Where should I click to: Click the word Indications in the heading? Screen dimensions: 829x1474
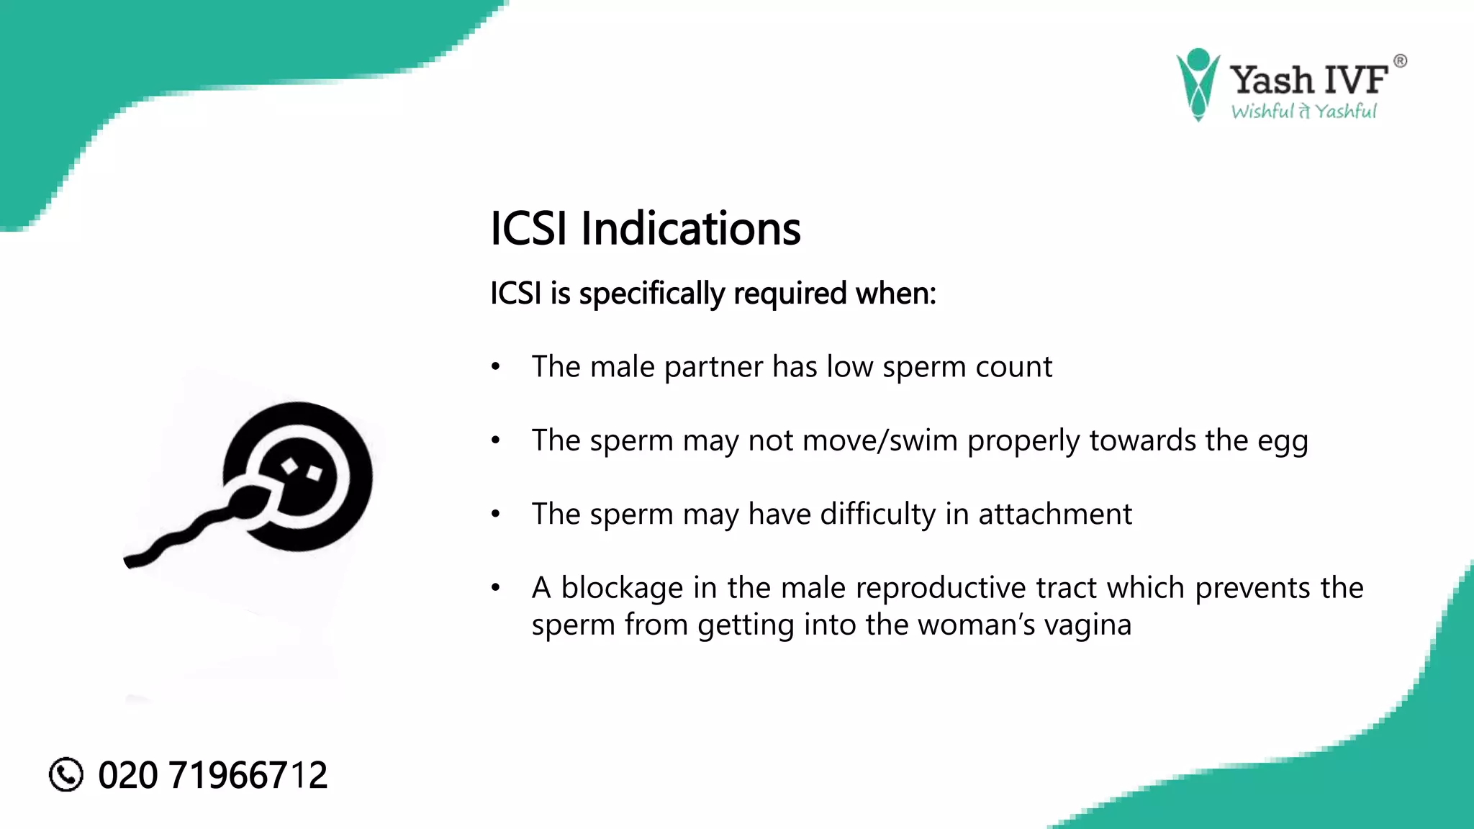coord(690,229)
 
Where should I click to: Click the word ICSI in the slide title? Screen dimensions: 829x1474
coord(528,229)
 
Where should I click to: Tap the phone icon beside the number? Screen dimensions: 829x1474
coord(66,774)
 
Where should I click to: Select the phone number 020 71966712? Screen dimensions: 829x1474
coord(212,775)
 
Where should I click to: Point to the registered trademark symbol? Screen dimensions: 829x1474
coord(1400,61)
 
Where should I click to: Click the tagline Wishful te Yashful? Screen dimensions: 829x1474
coord(1303,112)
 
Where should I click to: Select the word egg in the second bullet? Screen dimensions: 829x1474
coord(1283,441)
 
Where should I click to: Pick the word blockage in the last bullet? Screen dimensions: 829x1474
coord(622,589)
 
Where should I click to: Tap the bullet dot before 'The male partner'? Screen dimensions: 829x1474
coord(495,367)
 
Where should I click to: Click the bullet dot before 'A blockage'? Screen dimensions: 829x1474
coord(495,589)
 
